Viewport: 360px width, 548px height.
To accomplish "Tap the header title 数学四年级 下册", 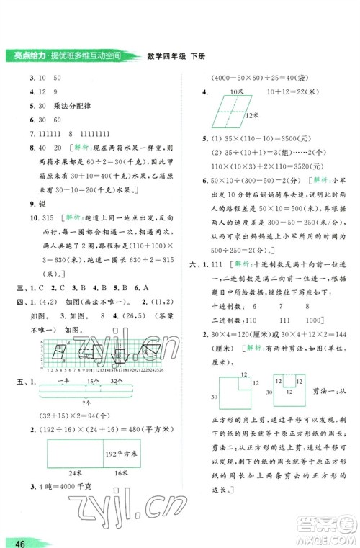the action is pos(177,55).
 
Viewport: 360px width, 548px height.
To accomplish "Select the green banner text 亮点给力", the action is pos(24,56).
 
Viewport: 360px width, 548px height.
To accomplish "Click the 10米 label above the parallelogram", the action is pos(232,90).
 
